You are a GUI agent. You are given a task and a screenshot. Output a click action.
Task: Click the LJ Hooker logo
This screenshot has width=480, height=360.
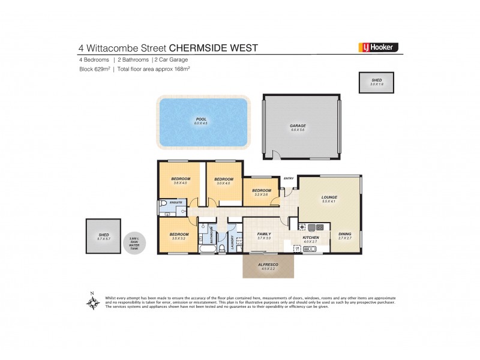pyautogui.click(x=377, y=47)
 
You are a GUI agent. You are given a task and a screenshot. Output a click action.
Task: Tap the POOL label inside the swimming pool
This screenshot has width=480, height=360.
pyautogui.click(x=201, y=120)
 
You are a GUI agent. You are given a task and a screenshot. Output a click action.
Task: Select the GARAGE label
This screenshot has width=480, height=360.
pyautogui.click(x=298, y=126)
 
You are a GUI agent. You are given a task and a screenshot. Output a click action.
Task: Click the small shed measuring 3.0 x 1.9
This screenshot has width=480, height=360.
pyautogui.click(x=376, y=82)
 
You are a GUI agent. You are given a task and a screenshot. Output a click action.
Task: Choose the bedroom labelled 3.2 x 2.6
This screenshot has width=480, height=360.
pyautogui.click(x=262, y=191)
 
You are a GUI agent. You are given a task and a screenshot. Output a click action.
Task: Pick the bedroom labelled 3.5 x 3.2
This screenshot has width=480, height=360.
pyautogui.click(x=179, y=235)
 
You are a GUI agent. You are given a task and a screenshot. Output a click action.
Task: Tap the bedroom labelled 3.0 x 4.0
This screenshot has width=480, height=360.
pyautogui.click(x=223, y=180)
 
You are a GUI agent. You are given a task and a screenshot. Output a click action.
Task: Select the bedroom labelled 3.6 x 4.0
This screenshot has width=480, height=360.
pyautogui.click(x=181, y=180)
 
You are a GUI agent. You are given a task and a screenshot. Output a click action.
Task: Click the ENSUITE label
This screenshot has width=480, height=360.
pyautogui.click(x=176, y=203)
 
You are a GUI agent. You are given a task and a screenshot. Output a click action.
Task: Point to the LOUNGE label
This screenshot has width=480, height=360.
pyautogui.click(x=329, y=197)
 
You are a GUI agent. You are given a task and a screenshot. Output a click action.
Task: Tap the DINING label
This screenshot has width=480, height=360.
pyautogui.click(x=344, y=235)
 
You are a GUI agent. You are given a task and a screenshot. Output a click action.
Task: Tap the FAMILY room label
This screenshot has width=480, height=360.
pyautogui.click(x=264, y=235)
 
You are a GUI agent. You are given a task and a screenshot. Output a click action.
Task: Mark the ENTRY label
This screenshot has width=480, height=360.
pyautogui.click(x=289, y=178)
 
